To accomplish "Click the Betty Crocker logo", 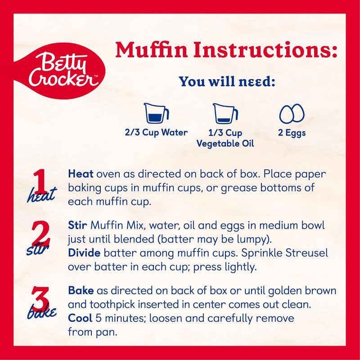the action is point(60,71).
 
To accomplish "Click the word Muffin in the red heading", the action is point(151,50).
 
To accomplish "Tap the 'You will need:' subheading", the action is point(227,82).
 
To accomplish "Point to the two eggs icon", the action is point(292,114).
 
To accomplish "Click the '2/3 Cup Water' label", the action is point(156,132).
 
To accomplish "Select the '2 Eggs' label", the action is point(292,133).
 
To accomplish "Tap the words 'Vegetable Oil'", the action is point(225,144).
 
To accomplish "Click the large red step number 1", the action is point(40,181).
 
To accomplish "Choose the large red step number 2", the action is point(40,233).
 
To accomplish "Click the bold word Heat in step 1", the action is point(81,174).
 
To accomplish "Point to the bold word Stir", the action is point(77,225).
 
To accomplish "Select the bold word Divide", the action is point(84,253).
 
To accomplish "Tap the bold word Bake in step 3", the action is point(81,291).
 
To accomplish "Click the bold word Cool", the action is point(80,318).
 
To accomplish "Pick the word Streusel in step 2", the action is point(307,253).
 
